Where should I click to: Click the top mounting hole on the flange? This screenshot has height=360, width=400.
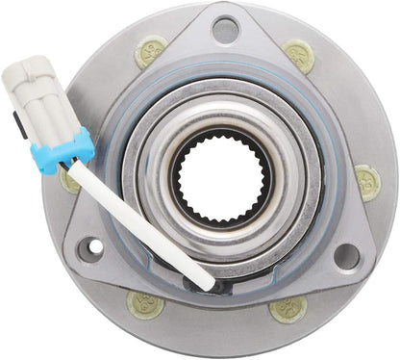click(224, 30)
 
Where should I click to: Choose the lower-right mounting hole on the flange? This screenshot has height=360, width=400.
click(345, 256)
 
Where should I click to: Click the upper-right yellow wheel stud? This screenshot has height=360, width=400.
click(298, 56)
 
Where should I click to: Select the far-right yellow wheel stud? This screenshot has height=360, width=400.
click(366, 180)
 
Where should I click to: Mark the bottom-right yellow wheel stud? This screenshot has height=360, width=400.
click(287, 308)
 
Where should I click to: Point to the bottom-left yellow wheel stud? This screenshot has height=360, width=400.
click(145, 304)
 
